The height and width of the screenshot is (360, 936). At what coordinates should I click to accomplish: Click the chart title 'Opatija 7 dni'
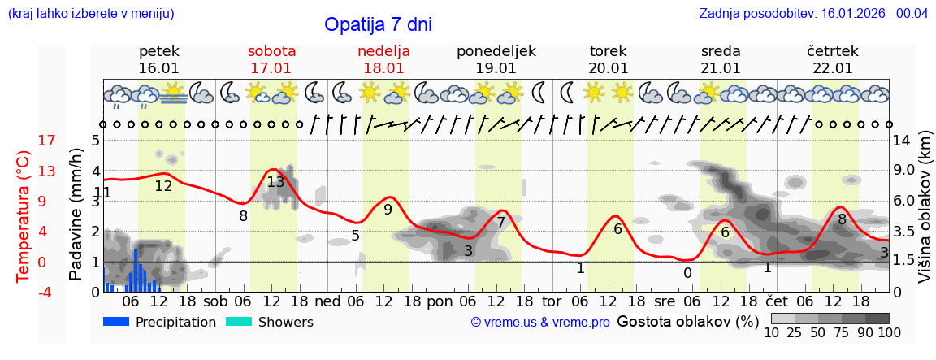tap(378, 24)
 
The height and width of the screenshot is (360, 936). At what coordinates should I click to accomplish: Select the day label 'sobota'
tap(271, 51)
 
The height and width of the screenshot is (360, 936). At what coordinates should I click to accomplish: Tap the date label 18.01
tap(383, 68)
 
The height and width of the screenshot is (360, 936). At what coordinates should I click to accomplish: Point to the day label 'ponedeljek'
tap(496, 51)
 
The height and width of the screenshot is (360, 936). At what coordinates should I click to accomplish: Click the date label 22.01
tap(833, 68)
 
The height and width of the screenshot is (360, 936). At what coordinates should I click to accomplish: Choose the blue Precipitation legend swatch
tap(117, 322)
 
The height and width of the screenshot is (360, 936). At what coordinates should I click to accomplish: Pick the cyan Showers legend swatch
tap(239, 322)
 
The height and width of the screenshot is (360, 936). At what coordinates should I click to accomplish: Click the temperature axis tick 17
tap(24, 141)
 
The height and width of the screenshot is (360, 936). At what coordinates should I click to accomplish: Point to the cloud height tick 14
tap(901, 141)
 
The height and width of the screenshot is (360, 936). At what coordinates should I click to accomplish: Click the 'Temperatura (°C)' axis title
tap(23, 217)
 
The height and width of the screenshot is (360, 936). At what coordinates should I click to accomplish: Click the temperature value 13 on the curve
tap(275, 182)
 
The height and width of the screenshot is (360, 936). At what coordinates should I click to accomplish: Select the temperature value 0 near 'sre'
tap(687, 273)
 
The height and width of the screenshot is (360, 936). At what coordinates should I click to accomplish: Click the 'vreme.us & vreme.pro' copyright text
tap(540, 323)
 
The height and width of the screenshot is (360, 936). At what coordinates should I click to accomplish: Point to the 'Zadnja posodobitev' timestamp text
tap(813, 13)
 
